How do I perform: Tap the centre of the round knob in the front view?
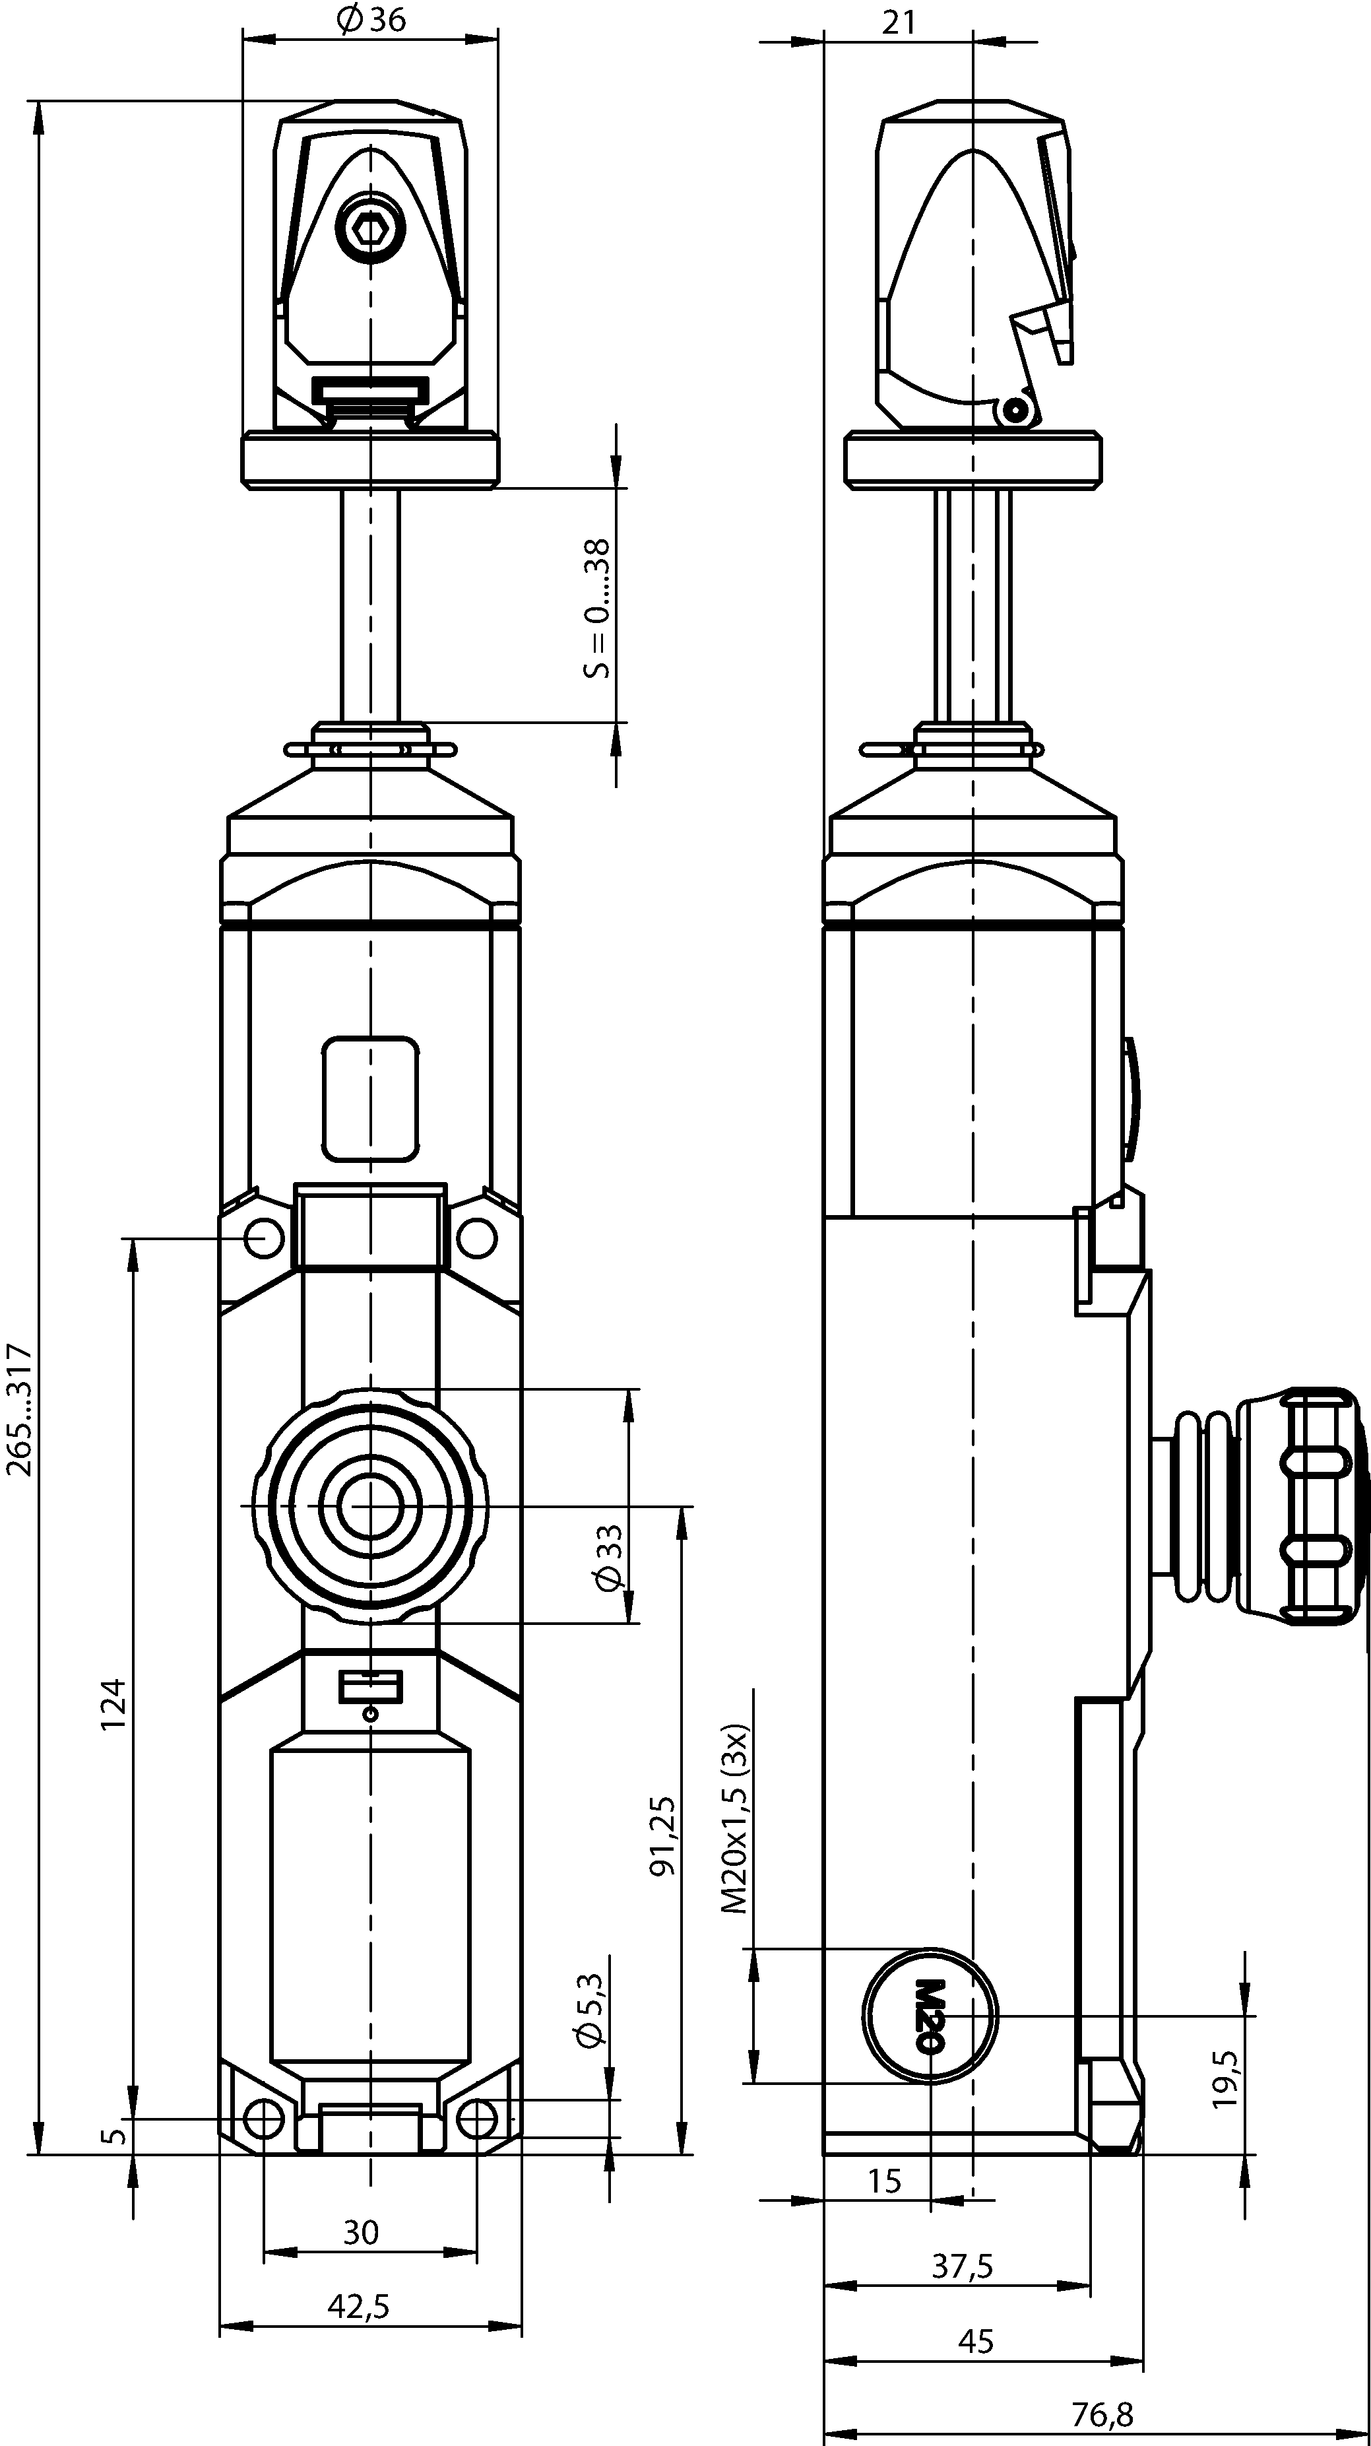370,1506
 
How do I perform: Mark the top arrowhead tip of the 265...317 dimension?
38,100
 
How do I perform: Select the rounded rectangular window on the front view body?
370,1099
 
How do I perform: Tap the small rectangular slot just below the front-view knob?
370,1688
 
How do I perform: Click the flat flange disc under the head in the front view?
370,461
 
